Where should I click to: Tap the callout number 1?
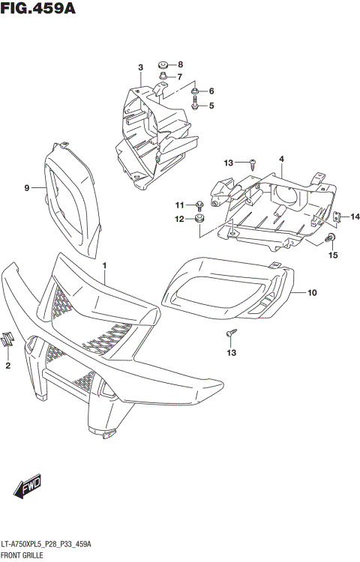pyautogui.click(x=105, y=266)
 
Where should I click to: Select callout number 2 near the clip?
pyautogui.click(x=8, y=366)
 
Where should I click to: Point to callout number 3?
pyautogui.click(x=140, y=69)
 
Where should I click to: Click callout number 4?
pyautogui.click(x=281, y=160)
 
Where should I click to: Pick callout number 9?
pyautogui.click(x=26, y=188)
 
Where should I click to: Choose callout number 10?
pyautogui.click(x=313, y=292)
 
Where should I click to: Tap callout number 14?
pyautogui.click(x=355, y=217)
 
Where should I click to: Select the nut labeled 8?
pyautogui.click(x=163, y=64)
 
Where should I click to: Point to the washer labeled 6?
pyautogui.click(x=195, y=92)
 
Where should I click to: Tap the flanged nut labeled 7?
pyautogui.click(x=163, y=76)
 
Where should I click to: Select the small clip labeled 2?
pyautogui.click(x=7, y=338)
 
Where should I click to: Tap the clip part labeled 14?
pyautogui.click(x=337, y=217)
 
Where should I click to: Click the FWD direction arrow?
pyautogui.click(x=28, y=487)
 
